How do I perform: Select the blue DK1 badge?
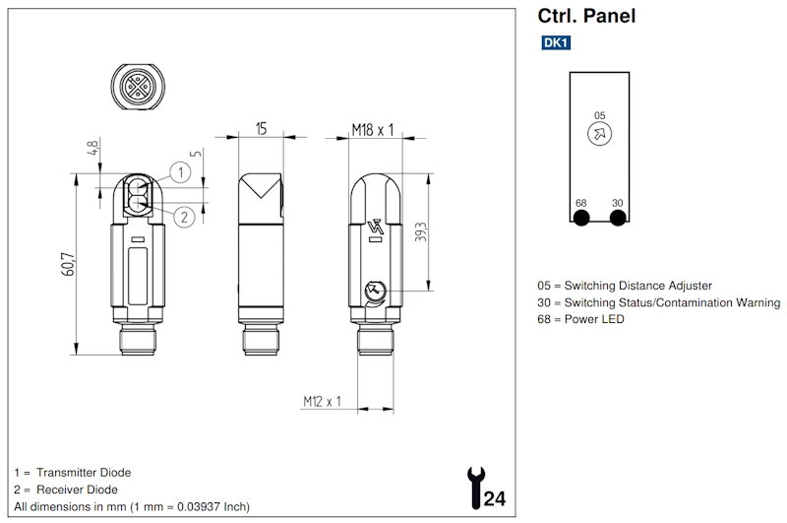tap(555, 43)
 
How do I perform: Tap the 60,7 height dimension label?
tap(67, 264)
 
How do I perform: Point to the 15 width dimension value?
tap(262, 128)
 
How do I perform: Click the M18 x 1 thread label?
tap(373, 128)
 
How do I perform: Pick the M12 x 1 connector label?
tap(321, 401)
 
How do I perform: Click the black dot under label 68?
tap(581, 218)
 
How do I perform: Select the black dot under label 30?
tap(618, 218)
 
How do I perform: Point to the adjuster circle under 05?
tap(597, 136)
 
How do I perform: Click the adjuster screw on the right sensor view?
tap(373, 290)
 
